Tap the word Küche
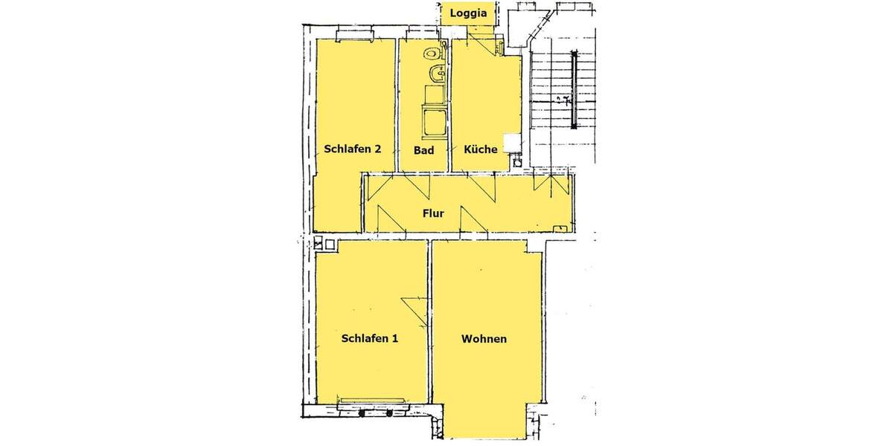click(480, 149)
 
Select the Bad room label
click(423, 149)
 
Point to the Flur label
click(433, 213)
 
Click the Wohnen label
click(484, 339)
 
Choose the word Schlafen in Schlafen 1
click(365, 339)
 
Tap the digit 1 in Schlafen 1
click(395, 339)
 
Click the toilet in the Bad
click(431, 53)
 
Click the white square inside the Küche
click(511, 143)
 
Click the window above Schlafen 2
click(356, 34)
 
